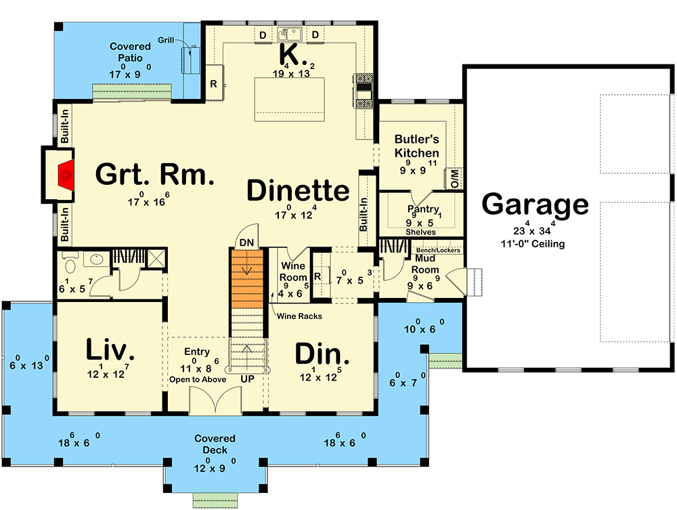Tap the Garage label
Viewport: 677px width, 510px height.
click(x=535, y=205)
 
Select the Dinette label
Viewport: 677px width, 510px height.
click(x=298, y=190)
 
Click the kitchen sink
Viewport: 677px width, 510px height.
click(x=289, y=34)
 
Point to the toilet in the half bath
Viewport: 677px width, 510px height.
click(x=70, y=263)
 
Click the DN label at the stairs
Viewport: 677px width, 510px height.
click(x=246, y=242)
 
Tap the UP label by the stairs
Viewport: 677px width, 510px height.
click(x=247, y=379)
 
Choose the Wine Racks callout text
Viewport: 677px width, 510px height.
click(x=299, y=316)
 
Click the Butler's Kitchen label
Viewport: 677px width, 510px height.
click(x=416, y=146)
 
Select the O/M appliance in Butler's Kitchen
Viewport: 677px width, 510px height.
click(x=454, y=178)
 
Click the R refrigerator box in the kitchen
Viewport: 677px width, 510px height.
click(x=214, y=83)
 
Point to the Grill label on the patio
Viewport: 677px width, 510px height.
click(x=166, y=40)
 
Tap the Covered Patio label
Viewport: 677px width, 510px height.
click(x=131, y=52)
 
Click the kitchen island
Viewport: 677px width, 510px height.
click(x=289, y=100)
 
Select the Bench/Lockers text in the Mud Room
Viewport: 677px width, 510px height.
click(x=438, y=250)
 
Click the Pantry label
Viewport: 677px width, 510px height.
click(x=423, y=209)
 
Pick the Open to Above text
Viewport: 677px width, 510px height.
click(x=198, y=379)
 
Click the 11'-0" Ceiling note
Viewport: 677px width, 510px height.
click(x=533, y=244)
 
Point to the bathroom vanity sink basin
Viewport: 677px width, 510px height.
click(x=97, y=259)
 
